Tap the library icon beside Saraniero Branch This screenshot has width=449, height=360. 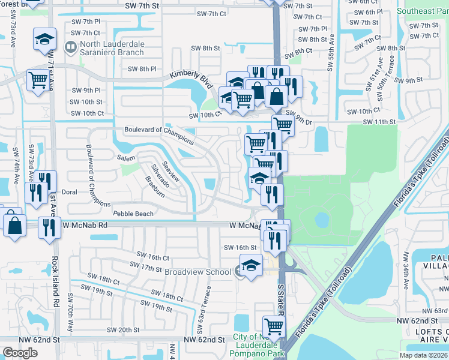click(x=71, y=46)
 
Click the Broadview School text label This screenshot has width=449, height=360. click(x=197, y=272)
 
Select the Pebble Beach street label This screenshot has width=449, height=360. click(x=134, y=213)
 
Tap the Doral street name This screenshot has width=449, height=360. click(x=70, y=193)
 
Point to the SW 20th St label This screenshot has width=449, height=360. click(x=123, y=330)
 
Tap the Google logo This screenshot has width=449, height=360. click(x=20, y=353)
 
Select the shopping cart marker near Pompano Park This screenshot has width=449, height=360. click(x=274, y=326)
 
